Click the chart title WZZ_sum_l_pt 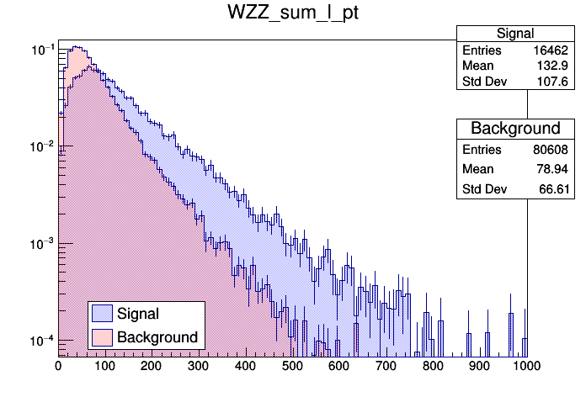coord(292,14)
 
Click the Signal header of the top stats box coord(514,34)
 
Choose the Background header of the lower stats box coord(514,129)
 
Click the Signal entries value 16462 coord(552,50)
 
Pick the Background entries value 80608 coord(552,150)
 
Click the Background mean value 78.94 coord(557,170)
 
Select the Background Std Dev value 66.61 coord(557,190)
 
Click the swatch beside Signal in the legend coord(102,314)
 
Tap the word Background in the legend coord(157,337)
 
